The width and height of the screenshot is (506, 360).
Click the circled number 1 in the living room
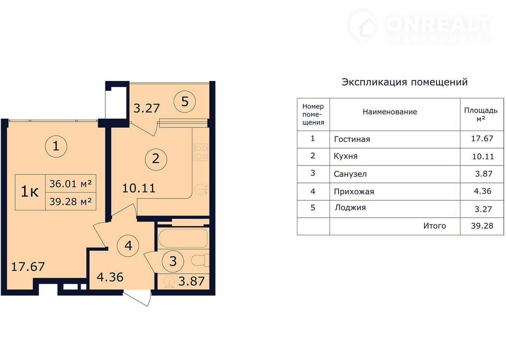56,146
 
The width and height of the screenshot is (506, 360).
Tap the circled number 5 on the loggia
185,102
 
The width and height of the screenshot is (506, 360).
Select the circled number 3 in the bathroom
173,261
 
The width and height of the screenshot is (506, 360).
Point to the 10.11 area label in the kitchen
139,188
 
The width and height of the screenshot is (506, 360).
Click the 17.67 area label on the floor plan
28,267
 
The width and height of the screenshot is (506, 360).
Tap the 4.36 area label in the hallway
110,277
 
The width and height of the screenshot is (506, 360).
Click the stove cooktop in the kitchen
200,152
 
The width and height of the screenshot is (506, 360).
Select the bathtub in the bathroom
183,238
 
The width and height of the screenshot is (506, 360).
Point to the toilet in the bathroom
200,260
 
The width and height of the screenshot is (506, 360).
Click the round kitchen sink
201,189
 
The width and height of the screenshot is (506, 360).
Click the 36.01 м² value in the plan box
71,184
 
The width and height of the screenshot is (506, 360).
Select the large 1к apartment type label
30,192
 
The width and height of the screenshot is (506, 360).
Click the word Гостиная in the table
352,139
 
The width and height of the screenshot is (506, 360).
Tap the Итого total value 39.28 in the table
482,225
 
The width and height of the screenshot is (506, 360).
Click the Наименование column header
390,112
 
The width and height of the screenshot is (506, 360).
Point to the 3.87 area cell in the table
483,174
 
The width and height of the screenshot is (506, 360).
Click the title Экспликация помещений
404,82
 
